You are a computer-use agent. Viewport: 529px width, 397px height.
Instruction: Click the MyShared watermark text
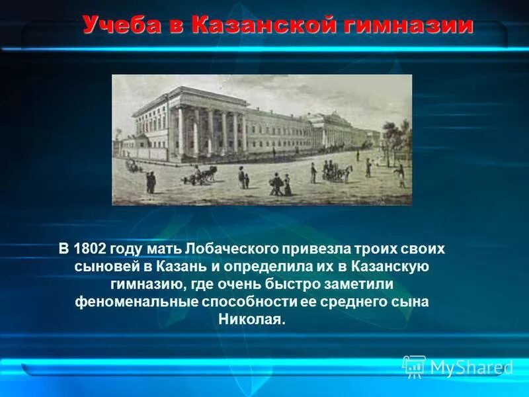click(x=471, y=368)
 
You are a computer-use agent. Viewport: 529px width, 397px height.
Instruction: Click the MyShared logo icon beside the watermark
click(x=414, y=367)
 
